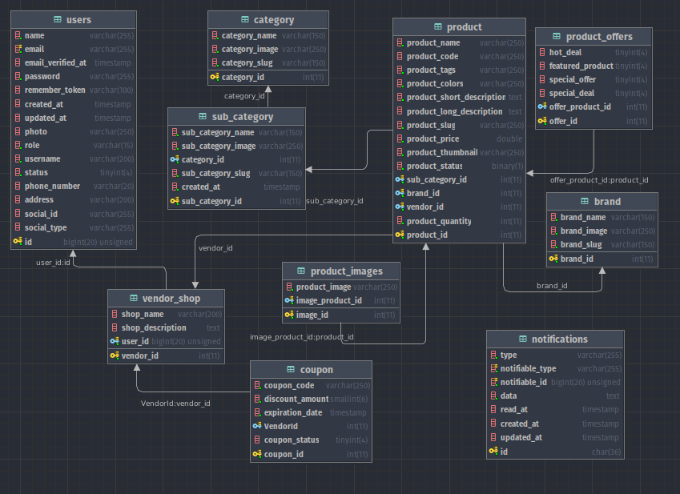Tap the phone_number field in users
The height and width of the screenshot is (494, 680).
(x=52, y=186)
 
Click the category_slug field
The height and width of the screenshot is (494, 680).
(x=247, y=63)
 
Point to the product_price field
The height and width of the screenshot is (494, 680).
(x=433, y=139)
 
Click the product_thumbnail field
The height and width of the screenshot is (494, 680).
(x=441, y=152)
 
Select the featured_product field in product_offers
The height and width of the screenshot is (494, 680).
(x=581, y=66)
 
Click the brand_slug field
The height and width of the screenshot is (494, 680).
(x=581, y=244)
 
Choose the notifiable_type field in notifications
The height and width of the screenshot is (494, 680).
(x=528, y=368)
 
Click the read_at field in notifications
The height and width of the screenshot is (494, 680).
(x=513, y=409)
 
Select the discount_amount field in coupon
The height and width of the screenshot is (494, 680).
(x=296, y=399)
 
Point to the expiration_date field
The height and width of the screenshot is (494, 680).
(x=293, y=412)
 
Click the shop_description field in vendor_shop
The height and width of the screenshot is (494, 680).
(x=154, y=327)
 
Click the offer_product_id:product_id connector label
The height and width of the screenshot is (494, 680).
(x=599, y=180)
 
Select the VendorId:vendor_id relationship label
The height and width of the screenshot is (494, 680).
(x=175, y=403)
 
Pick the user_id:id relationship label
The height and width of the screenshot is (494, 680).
(x=54, y=262)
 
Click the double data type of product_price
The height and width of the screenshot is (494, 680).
(x=509, y=139)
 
